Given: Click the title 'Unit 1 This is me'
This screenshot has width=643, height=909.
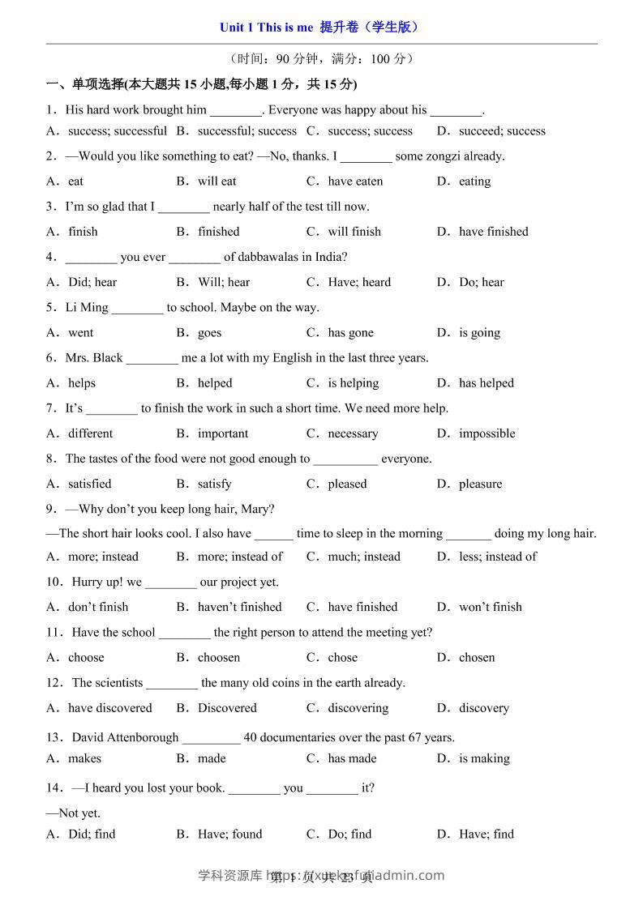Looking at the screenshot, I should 266,28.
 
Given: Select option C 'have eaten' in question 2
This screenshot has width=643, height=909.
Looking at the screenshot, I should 354,181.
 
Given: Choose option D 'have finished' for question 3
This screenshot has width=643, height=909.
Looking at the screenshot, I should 493,232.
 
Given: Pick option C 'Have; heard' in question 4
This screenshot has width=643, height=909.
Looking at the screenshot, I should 358,282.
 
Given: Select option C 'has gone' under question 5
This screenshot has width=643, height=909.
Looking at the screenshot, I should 350,332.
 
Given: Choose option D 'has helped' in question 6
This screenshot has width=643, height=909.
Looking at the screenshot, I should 486,383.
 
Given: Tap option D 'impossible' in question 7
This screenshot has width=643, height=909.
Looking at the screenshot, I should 487,433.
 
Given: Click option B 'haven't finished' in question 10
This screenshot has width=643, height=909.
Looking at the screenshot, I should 239,607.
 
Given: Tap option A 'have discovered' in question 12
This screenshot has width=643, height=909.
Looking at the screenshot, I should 109,708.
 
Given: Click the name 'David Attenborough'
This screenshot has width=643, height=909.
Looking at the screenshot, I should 125,737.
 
